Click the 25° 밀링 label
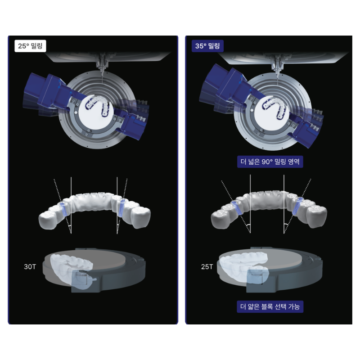click(30, 46)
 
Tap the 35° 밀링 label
click(207, 46)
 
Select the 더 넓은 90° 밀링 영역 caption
click(270, 162)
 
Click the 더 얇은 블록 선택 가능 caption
click(270, 306)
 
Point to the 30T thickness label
click(30, 266)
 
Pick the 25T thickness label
click(207, 266)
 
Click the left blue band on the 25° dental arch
click(63, 209)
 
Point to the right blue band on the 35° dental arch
click(297, 206)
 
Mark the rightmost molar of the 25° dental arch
click(140, 218)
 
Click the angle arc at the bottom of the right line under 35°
click(286, 226)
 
